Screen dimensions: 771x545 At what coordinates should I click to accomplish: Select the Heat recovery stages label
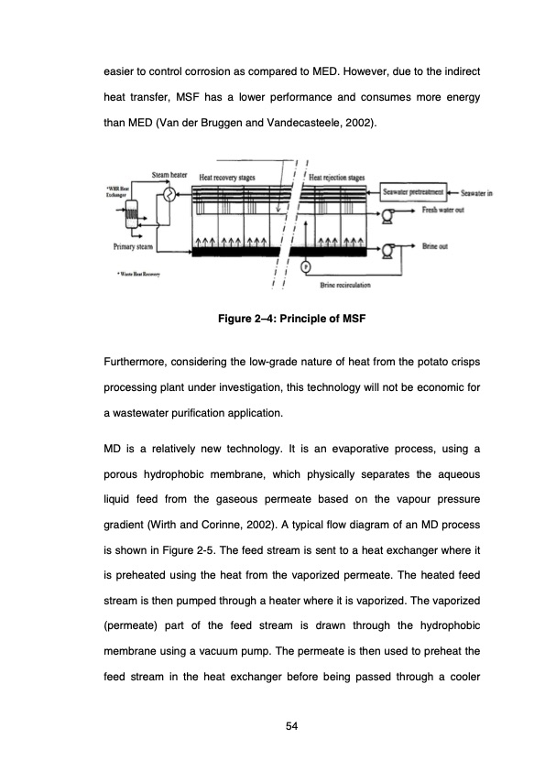point(227,177)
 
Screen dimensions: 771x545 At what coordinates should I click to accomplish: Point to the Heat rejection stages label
point(338,177)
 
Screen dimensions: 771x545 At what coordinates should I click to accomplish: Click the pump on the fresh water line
point(387,216)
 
